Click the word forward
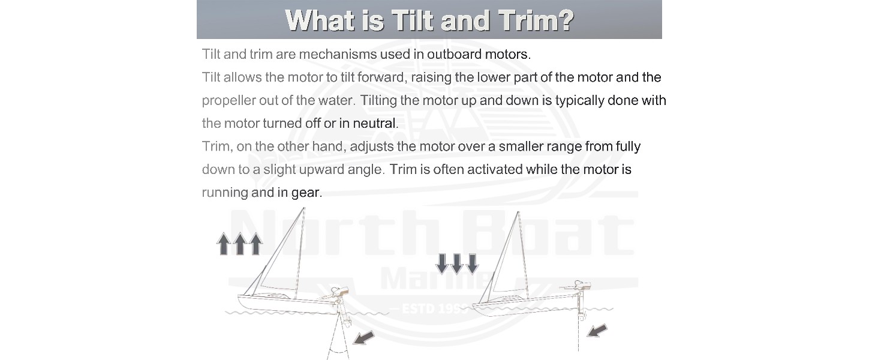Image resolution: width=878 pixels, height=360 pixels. (382, 77)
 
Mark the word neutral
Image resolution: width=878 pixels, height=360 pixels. (375, 124)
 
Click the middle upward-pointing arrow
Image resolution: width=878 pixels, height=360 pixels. (239, 244)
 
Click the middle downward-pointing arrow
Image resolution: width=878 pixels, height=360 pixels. (457, 263)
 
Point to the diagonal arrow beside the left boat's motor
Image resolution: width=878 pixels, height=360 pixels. (363, 338)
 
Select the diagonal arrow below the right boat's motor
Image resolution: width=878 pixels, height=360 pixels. (597, 330)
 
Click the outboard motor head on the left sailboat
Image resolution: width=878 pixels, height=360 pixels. (339, 292)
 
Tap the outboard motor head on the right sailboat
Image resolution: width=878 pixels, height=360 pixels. (581, 285)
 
